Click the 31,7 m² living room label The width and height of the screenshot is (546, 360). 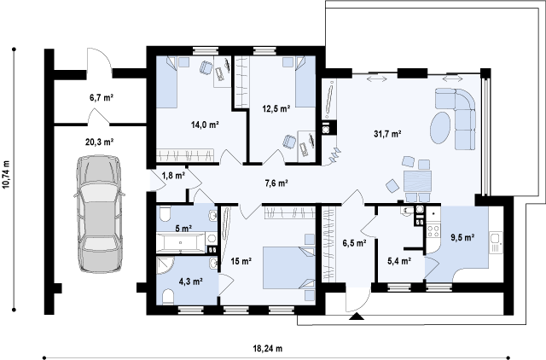pyautogui.click(x=388, y=134)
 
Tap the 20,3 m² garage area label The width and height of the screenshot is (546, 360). pyautogui.click(x=100, y=142)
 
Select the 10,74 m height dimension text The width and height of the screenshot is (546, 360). pyautogui.click(x=7, y=180)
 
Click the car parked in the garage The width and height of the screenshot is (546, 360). pyautogui.click(x=100, y=213)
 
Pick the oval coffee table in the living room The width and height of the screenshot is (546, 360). pyautogui.click(x=440, y=127)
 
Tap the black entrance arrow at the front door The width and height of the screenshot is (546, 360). pyautogui.click(x=357, y=316)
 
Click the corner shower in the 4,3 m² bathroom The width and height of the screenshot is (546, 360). pyautogui.click(x=165, y=265)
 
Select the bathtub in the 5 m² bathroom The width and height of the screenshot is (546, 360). pyautogui.click(x=180, y=242)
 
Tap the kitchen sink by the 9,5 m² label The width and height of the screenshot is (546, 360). pyautogui.click(x=496, y=242)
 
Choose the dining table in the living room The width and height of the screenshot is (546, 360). pyautogui.click(x=417, y=181)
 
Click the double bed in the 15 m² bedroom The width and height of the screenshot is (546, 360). pyautogui.click(x=289, y=268)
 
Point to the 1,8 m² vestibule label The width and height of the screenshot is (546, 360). pyautogui.click(x=173, y=176)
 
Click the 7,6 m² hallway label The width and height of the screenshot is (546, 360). pyautogui.click(x=276, y=183)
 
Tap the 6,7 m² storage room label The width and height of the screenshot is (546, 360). pyautogui.click(x=102, y=98)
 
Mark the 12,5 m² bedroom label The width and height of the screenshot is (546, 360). pyautogui.click(x=276, y=109)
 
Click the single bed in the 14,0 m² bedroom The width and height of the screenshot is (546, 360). pyautogui.click(x=167, y=82)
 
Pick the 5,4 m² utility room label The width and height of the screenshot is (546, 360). pyautogui.click(x=399, y=261)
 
